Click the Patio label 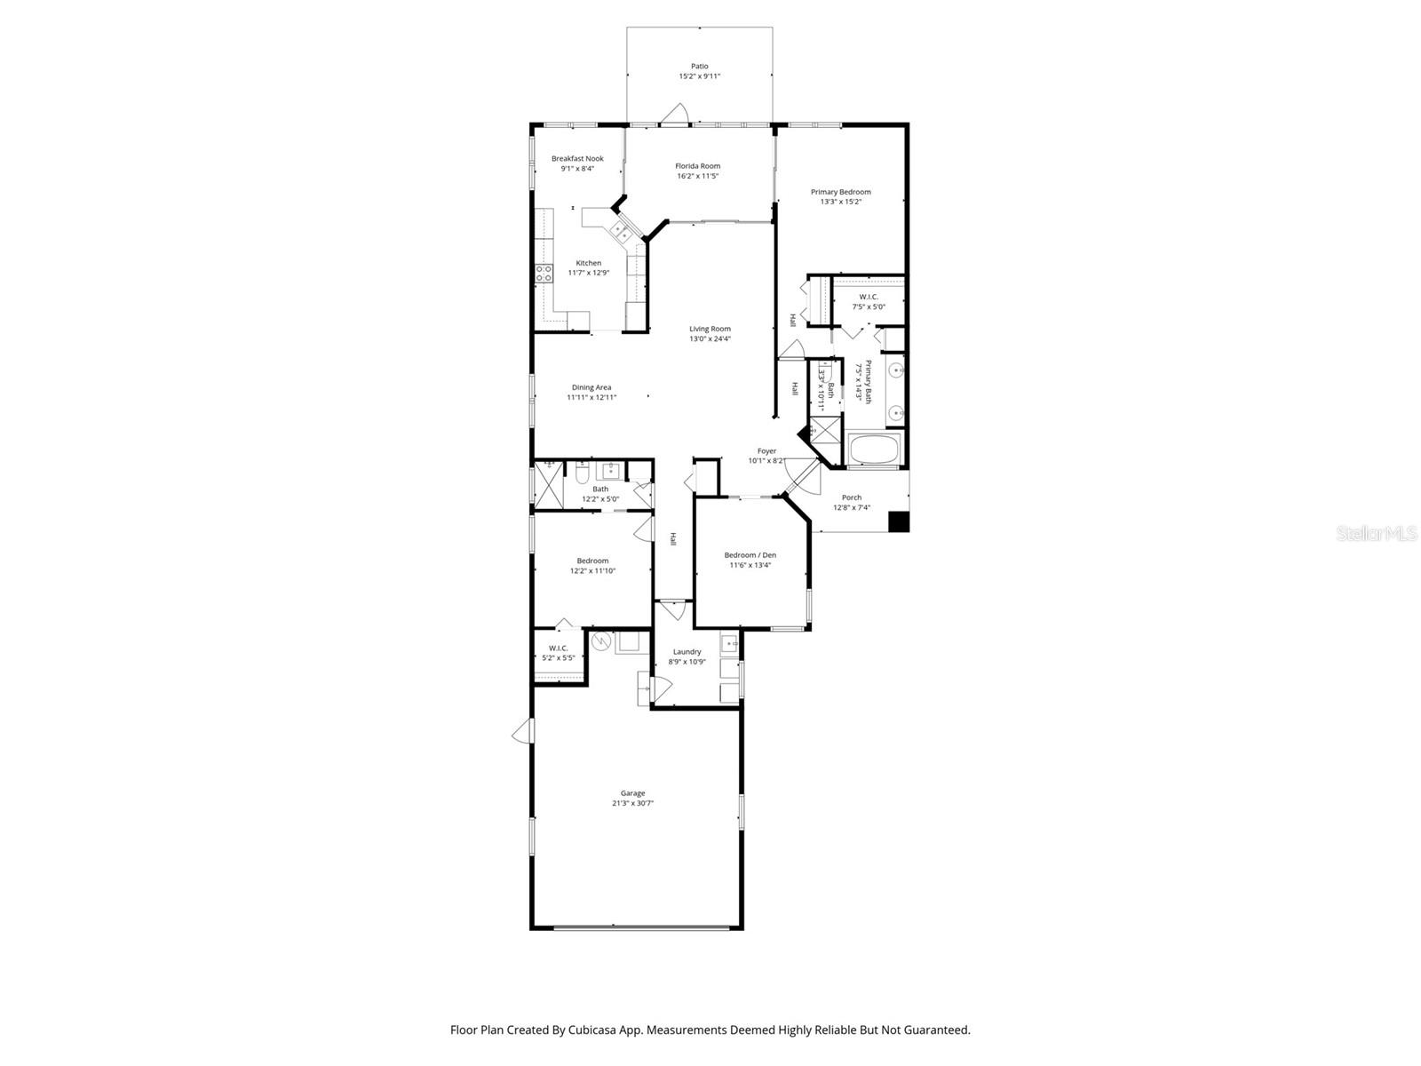click(x=700, y=66)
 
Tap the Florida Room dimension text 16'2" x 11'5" click(x=697, y=176)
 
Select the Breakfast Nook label click(x=577, y=159)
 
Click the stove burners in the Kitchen click(x=543, y=274)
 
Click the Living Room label click(x=710, y=329)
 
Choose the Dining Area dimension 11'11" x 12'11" click(x=591, y=397)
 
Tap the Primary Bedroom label click(x=840, y=192)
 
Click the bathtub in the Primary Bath click(x=875, y=449)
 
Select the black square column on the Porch click(x=899, y=521)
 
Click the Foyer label click(x=766, y=451)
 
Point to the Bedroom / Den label click(x=750, y=555)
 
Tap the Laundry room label click(x=687, y=651)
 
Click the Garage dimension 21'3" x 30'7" click(x=632, y=803)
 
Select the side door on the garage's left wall click(x=524, y=731)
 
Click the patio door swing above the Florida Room click(x=675, y=114)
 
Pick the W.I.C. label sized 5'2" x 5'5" click(x=558, y=648)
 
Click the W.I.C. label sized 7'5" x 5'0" click(x=869, y=297)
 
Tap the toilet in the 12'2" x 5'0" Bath click(x=582, y=473)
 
